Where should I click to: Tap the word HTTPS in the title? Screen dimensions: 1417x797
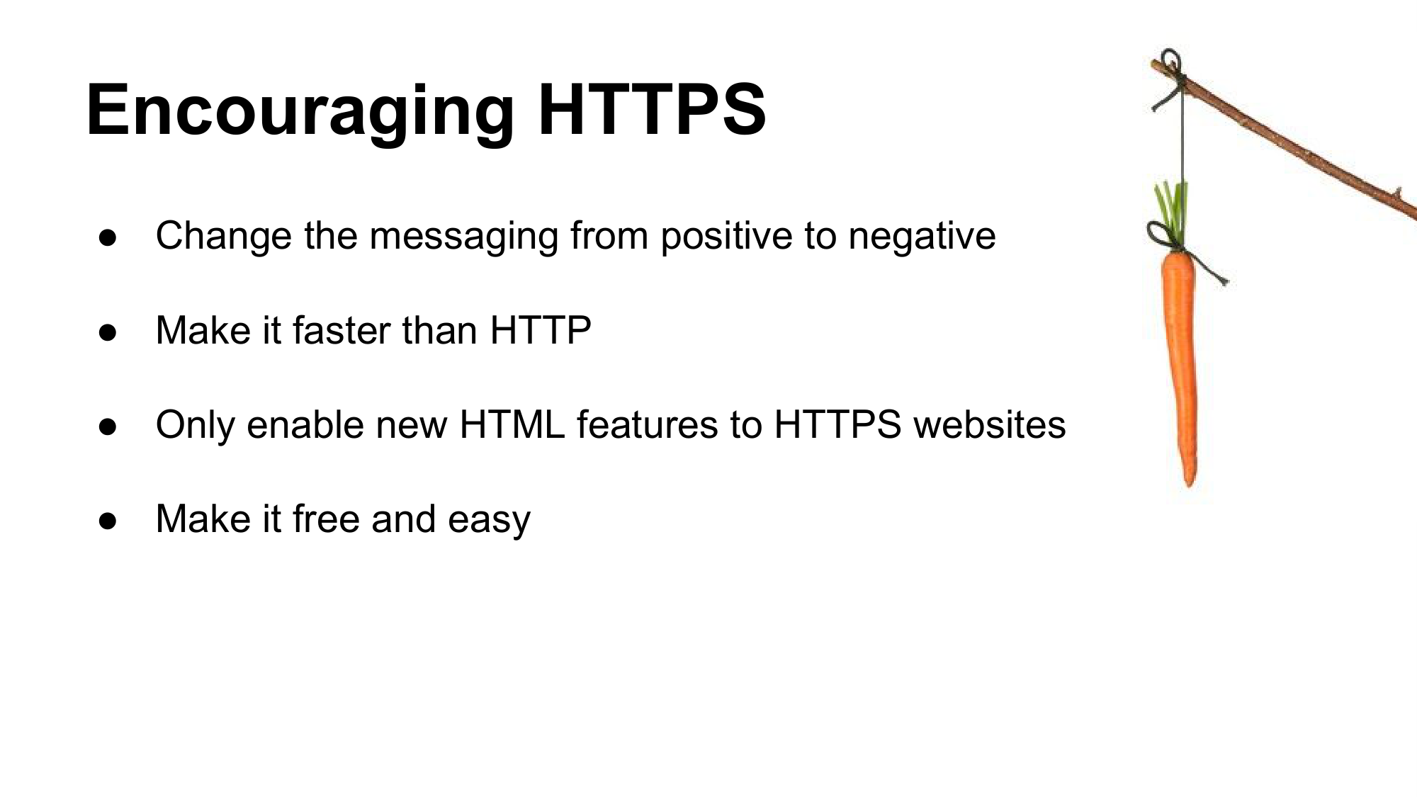[652, 109]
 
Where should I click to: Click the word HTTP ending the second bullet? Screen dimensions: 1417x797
[541, 330]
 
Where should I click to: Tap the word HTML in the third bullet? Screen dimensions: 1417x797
[512, 424]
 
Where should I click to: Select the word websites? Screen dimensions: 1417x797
[990, 424]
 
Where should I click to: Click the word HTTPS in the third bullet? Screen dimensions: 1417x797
[837, 424]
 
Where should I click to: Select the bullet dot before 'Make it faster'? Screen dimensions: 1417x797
[108, 332]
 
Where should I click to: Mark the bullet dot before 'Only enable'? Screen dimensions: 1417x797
[108, 426]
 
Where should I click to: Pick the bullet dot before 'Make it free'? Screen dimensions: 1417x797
[108, 521]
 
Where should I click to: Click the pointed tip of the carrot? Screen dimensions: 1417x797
[1189, 486]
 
